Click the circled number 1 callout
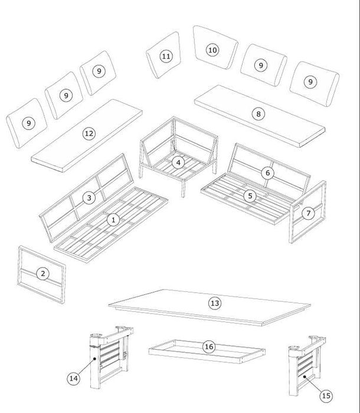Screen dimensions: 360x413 (x=113, y=220)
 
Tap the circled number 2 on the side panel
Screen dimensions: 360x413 (x=43, y=274)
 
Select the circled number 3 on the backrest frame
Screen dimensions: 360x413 (x=89, y=197)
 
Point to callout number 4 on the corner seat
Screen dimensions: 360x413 (x=178, y=162)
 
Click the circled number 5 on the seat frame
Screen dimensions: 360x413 (x=250, y=196)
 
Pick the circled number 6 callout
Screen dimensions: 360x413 (x=267, y=173)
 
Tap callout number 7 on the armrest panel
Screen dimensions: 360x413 (x=308, y=213)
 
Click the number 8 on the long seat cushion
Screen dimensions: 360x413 (x=258, y=114)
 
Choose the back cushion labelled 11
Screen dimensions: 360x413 (x=163, y=56)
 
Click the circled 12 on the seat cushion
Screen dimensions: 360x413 (x=89, y=134)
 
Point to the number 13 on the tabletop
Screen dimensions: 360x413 (x=215, y=303)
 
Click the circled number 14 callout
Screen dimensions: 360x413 (x=73, y=379)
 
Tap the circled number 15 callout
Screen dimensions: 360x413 (x=326, y=396)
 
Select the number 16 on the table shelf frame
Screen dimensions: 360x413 (x=209, y=347)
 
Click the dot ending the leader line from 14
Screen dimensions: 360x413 (x=94, y=359)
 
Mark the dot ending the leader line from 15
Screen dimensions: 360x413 (x=305, y=377)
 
